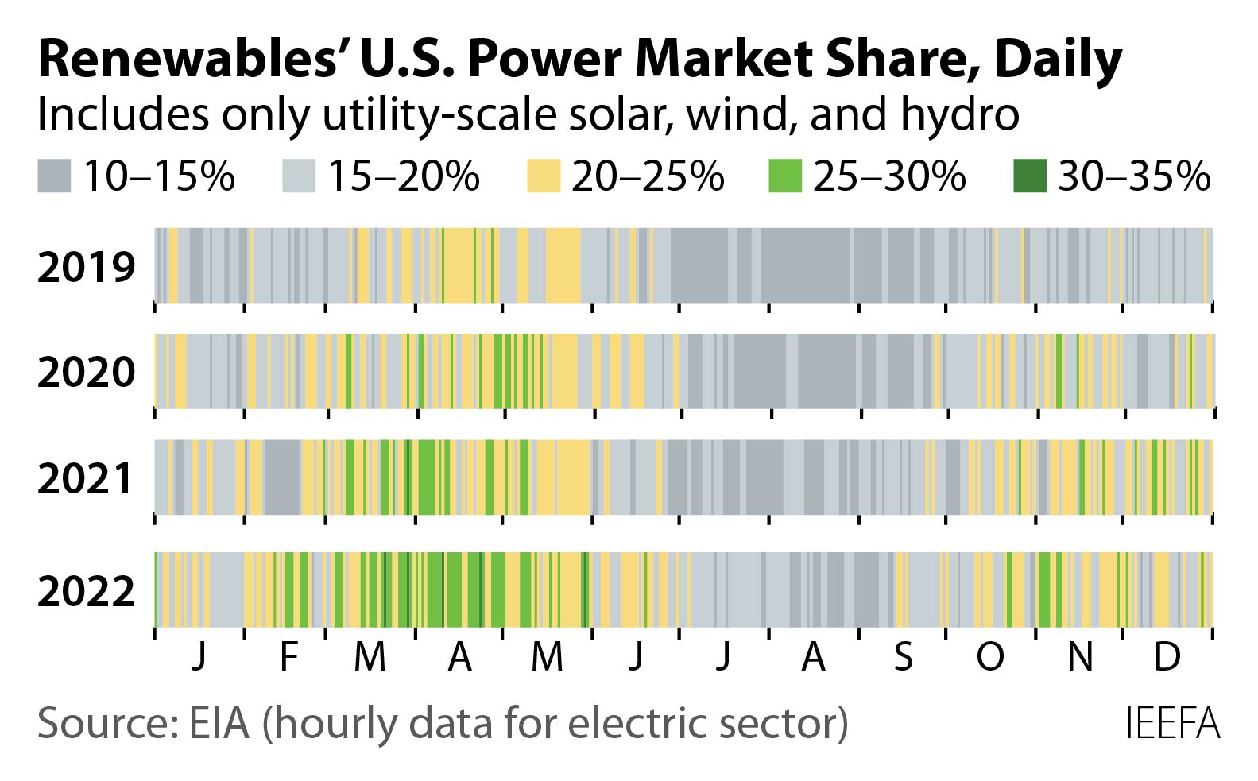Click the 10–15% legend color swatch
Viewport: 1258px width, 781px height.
[x=53, y=176]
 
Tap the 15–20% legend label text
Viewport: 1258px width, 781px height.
[x=403, y=176]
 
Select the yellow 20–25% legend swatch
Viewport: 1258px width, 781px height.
[x=543, y=176]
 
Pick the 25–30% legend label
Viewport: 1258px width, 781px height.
[x=888, y=176]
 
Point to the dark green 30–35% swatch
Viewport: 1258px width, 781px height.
[x=1030, y=176]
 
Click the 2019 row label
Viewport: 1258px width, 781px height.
[x=86, y=267]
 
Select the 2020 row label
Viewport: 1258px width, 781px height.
[x=86, y=372]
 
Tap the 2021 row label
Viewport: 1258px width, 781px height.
[x=86, y=478]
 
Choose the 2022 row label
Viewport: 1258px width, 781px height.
[x=86, y=591]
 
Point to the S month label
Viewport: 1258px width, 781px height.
[x=903, y=656]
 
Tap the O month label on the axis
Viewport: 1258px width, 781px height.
[x=990, y=656]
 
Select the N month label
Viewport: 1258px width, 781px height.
[x=1079, y=656]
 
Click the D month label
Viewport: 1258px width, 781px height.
[x=1166, y=656]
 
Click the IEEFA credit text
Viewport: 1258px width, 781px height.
[x=1172, y=724]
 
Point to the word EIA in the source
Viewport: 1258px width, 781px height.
[x=219, y=724]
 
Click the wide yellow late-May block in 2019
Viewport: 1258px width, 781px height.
[x=563, y=265]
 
